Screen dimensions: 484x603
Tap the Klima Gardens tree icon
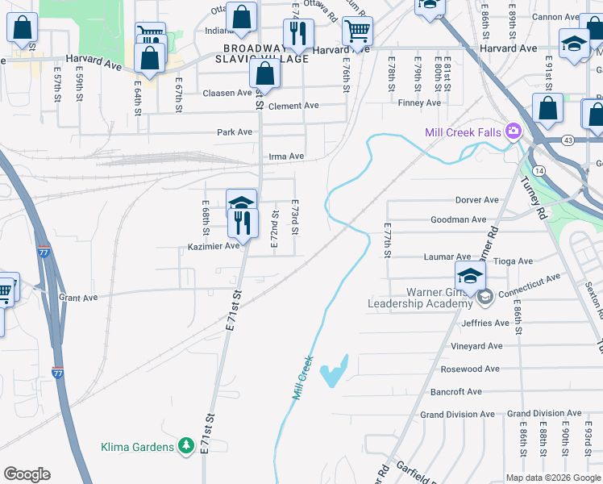pyautogui.click(x=187, y=446)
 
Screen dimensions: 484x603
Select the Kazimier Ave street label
pyautogui.click(x=214, y=246)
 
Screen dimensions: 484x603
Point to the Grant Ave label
pyautogui.click(x=78, y=298)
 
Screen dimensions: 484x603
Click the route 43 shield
pyautogui.click(x=569, y=140)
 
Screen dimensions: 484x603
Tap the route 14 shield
pyautogui.click(x=538, y=170)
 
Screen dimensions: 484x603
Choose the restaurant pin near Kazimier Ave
pyautogui.click(x=246, y=222)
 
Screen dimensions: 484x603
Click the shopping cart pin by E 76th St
pyautogui.click(x=356, y=32)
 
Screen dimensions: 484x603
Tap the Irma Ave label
pyautogui.click(x=286, y=156)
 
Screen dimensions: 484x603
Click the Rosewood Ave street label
pyautogui.click(x=470, y=369)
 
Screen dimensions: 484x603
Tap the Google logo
pyautogui.click(x=27, y=474)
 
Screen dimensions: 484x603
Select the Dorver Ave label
pyautogui.click(x=476, y=200)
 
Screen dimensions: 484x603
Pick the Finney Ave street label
pyautogui.click(x=420, y=103)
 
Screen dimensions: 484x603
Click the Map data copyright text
pyautogui.click(x=552, y=478)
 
